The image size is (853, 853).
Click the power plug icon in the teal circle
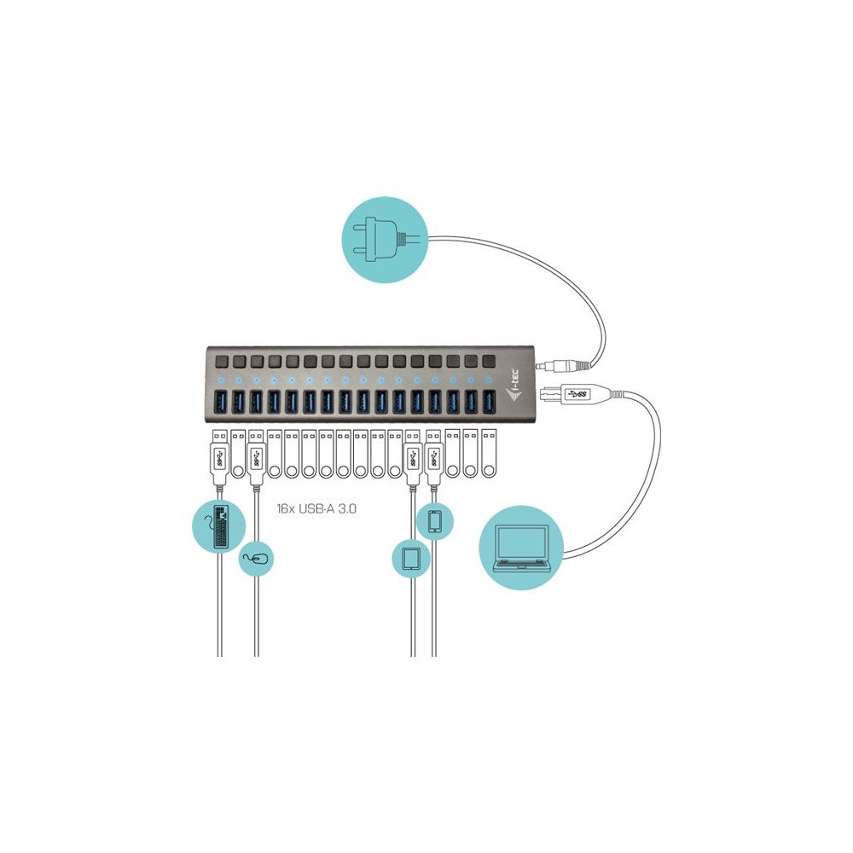[x=384, y=240]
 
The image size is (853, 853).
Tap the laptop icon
[x=521, y=548]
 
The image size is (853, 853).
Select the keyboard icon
[x=222, y=526]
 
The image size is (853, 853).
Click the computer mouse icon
[x=256, y=559]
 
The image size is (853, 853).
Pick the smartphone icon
[x=435, y=520]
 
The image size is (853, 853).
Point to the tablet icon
[x=411, y=559]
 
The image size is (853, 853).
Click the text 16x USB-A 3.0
[x=316, y=509]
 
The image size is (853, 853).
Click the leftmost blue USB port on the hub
[x=221, y=402]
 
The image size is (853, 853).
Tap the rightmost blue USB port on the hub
[x=489, y=402]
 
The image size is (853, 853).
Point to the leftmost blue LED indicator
[x=221, y=380]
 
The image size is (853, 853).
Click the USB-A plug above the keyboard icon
[x=219, y=459]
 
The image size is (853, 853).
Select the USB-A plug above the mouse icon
[x=256, y=459]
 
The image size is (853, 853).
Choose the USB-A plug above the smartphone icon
[x=433, y=459]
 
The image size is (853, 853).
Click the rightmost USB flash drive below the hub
[x=489, y=454]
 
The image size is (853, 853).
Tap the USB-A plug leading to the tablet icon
[x=412, y=459]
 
